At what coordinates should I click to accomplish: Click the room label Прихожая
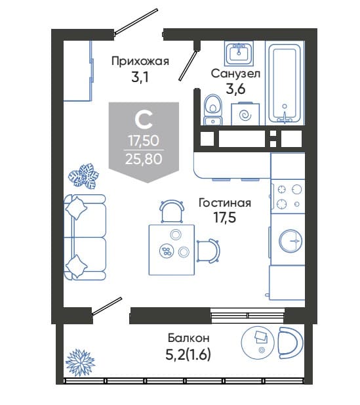point(140,62)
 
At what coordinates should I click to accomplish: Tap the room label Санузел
point(235,74)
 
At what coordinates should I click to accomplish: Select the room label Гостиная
point(225,203)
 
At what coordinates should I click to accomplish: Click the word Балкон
point(189,338)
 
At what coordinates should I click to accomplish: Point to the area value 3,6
point(235,89)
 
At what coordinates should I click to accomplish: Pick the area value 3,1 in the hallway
point(140,77)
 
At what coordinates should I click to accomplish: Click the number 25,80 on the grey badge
point(144,159)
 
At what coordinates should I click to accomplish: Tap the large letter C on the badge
point(144,120)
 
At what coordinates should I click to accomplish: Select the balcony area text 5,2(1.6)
point(188,354)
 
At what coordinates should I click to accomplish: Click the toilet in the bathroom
point(212,110)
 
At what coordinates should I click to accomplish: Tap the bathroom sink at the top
point(239,53)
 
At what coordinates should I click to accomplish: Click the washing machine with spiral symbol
point(245,114)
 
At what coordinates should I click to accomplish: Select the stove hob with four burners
point(287,196)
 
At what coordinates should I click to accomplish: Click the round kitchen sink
point(291,241)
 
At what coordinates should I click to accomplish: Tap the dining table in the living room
point(172,250)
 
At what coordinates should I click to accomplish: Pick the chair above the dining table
point(172,211)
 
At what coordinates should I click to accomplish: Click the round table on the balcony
point(258,343)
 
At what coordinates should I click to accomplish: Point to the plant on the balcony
point(80,362)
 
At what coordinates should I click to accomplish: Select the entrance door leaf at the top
point(136,22)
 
